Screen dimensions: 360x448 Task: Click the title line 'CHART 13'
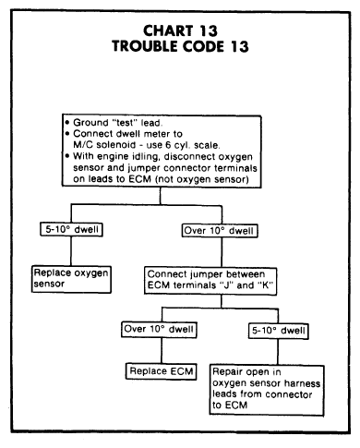(x=180, y=30)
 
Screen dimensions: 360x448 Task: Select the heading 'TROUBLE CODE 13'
(x=180, y=46)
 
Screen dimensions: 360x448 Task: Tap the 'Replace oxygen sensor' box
(x=71, y=279)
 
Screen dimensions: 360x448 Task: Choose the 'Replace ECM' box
(x=162, y=371)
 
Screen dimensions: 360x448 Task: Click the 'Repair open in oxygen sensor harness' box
(x=267, y=390)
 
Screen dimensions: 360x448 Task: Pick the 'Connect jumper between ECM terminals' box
(x=210, y=281)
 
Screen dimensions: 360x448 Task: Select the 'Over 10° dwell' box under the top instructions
(x=220, y=231)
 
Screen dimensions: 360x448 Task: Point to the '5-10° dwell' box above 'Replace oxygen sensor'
(x=71, y=229)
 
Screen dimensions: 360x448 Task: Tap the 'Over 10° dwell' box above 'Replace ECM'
(x=159, y=330)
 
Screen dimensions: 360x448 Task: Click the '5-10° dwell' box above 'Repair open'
(x=279, y=331)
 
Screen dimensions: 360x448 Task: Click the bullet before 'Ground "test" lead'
(x=67, y=123)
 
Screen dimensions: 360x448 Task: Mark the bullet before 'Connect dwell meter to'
(x=67, y=134)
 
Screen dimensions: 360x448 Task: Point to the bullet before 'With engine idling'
(x=67, y=156)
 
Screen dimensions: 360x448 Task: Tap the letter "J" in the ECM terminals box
(x=226, y=285)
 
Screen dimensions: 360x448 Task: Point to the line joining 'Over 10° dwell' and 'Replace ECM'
(x=162, y=351)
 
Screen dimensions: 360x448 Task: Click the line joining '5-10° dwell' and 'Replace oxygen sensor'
(x=71, y=251)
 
